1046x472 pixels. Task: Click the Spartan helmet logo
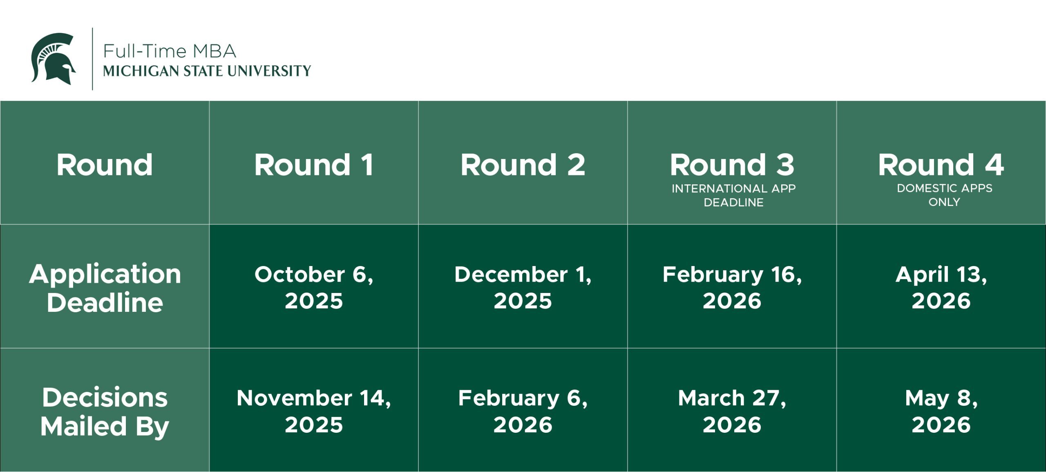pyautogui.click(x=53, y=58)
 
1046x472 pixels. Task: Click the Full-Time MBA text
pyautogui.click(x=170, y=51)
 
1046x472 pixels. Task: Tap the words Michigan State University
pyautogui.click(x=207, y=71)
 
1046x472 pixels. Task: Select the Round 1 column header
pyautogui.click(x=314, y=165)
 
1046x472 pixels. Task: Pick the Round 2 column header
pyautogui.click(x=523, y=165)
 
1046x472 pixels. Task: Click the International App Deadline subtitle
pyautogui.click(x=733, y=195)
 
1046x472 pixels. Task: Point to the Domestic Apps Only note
pyautogui.click(x=944, y=195)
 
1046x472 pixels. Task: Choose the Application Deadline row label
pyautogui.click(x=105, y=288)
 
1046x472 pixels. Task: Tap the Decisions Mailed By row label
pyautogui.click(x=105, y=412)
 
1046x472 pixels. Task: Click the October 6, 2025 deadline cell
pyautogui.click(x=314, y=287)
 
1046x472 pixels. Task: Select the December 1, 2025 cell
pyautogui.click(x=523, y=287)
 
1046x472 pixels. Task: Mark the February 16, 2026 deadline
pyautogui.click(x=732, y=287)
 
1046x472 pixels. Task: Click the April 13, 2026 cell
pyautogui.click(x=941, y=287)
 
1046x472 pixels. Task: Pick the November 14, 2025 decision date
pyautogui.click(x=314, y=411)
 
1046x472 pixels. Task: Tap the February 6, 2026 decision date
pyautogui.click(x=523, y=411)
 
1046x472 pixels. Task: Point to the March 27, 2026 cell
pyautogui.click(x=732, y=411)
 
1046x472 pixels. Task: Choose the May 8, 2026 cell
pyautogui.click(x=941, y=411)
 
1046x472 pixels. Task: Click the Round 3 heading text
pyautogui.click(x=732, y=165)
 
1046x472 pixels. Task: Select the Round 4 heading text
pyautogui.click(x=941, y=165)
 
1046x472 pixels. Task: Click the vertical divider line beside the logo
pyautogui.click(x=92, y=59)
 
